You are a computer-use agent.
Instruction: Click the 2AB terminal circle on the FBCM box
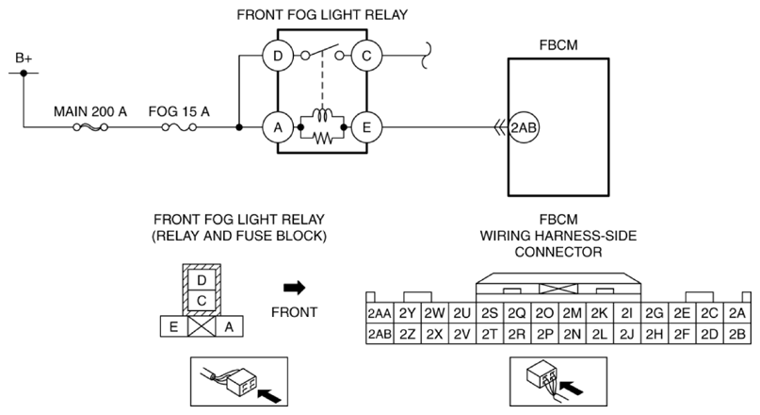(x=524, y=126)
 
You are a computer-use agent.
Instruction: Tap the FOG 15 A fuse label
(x=179, y=111)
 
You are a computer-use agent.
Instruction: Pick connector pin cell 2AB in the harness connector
(x=380, y=333)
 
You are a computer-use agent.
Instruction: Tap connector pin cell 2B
(x=736, y=333)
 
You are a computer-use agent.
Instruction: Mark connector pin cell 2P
(x=544, y=333)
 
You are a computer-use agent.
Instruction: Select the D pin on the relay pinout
(x=200, y=280)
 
